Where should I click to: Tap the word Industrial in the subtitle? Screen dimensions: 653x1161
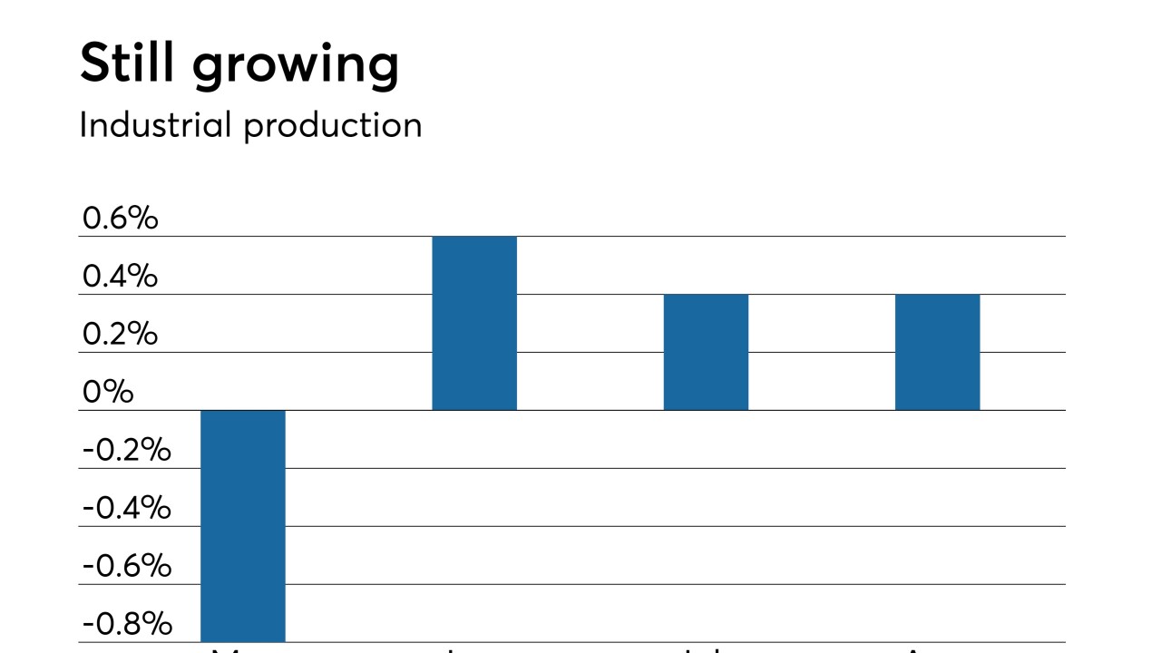click(x=156, y=124)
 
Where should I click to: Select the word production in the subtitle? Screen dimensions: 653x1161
click(x=333, y=126)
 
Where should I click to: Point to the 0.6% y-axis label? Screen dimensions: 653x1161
click(x=120, y=218)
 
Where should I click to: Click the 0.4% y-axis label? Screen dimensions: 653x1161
click(x=120, y=276)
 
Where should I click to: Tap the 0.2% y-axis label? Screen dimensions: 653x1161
click(x=120, y=334)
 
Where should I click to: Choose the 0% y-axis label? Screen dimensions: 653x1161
click(x=107, y=392)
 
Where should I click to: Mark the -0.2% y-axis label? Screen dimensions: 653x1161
click(x=126, y=450)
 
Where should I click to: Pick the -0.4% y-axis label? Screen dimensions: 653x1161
click(x=126, y=508)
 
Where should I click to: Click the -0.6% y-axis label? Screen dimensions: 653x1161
click(x=126, y=566)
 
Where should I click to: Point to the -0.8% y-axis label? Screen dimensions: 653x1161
click(x=126, y=624)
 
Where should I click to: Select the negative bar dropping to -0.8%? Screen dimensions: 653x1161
click(x=243, y=526)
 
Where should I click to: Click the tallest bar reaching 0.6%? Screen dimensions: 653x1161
click(x=474, y=323)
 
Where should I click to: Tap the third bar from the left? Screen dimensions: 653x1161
click(x=706, y=352)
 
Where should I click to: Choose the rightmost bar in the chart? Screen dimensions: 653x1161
click(x=937, y=352)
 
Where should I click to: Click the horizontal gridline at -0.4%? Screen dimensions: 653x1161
click(x=635, y=526)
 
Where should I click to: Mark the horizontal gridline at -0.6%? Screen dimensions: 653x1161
click(x=635, y=584)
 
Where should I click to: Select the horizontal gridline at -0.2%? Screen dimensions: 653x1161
click(x=635, y=468)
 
